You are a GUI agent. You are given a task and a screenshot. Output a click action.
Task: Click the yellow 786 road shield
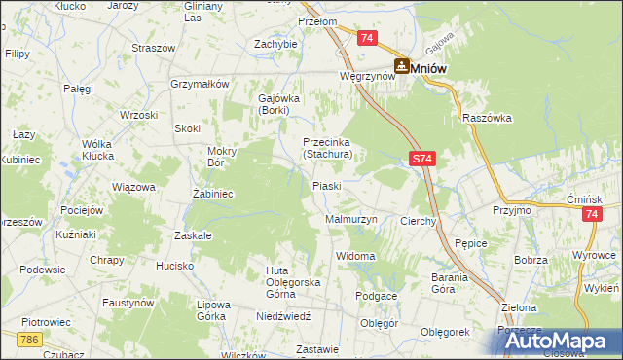pos(29,338)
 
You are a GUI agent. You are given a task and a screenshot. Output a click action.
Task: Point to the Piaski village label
pos(325,186)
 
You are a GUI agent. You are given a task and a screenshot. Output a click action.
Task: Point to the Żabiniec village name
pos(211,194)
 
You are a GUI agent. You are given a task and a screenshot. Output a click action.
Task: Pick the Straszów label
pos(153,48)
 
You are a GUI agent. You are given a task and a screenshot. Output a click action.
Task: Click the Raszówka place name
pos(488,118)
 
